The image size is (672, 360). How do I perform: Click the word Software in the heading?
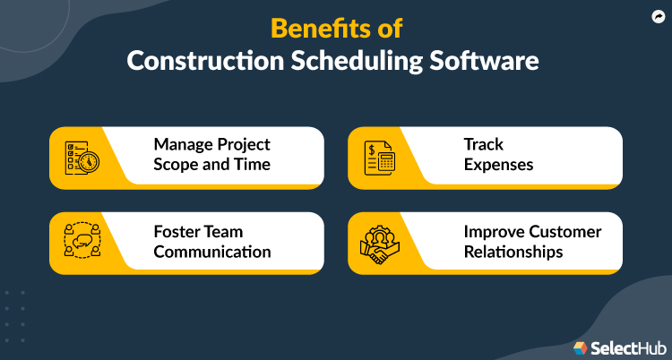pos(487,63)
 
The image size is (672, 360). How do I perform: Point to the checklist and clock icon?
pos(81,158)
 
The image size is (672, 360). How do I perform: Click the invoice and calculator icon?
pos(380,158)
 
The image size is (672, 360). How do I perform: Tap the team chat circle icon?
pos(81,243)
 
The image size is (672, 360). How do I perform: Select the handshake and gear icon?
pos(379,243)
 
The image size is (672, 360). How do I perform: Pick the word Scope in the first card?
pos(177,166)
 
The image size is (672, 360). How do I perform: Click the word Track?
pos(485,144)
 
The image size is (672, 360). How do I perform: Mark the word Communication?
pos(211,252)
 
